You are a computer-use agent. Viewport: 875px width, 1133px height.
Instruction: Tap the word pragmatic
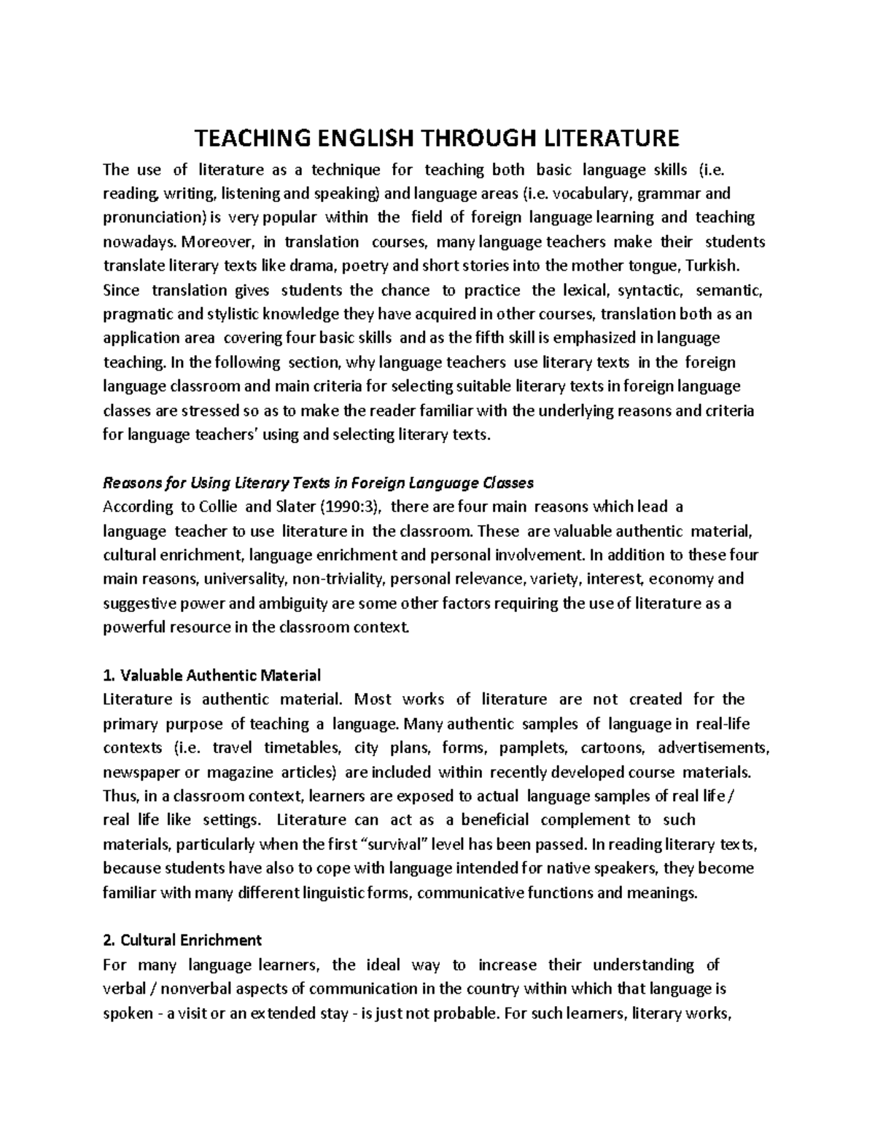pyautogui.click(x=136, y=314)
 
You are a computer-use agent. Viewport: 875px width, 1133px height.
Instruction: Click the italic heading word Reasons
pyautogui.click(x=130, y=483)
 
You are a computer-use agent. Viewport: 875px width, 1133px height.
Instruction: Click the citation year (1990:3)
pyautogui.click(x=352, y=507)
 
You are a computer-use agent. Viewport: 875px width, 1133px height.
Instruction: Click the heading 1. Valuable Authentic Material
pyautogui.click(x=212, y=676)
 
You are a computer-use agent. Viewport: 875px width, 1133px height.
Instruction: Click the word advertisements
pyautogui.click(x=714, y=748)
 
